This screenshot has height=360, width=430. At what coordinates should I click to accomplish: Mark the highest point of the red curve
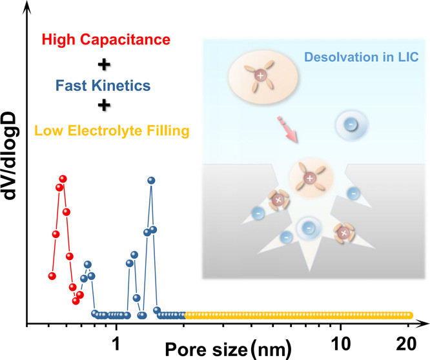point(63,179)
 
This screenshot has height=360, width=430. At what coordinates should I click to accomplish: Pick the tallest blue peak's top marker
point(151,181)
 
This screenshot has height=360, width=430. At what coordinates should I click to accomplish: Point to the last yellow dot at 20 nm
point(409,315)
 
